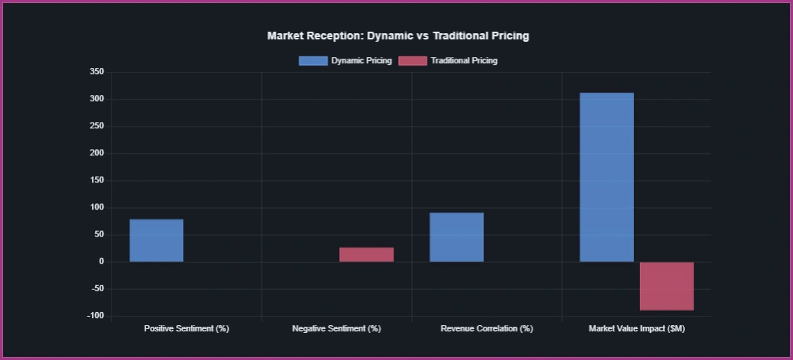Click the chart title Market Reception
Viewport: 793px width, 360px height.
pos(397,36)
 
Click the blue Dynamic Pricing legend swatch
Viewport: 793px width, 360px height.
pos(312,60)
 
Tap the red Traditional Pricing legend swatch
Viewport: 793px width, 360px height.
pos(412,60)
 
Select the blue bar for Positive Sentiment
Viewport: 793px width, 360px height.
pos(156,240)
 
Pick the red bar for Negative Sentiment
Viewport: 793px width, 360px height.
pos(366,255)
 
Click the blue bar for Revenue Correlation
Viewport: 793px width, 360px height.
pos(456,237)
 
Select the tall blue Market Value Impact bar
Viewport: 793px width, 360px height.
pos(607,177)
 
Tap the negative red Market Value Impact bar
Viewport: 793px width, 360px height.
pos(666,286)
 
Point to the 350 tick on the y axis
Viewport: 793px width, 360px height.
pos(97,72)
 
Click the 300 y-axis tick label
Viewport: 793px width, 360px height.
pos(97,99)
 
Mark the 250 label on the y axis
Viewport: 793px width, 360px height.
pos(97,126)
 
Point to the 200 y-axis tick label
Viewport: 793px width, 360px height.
pos(97,153)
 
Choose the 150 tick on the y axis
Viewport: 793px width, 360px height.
pos(97,180)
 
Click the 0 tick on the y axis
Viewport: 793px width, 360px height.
pos(100,262)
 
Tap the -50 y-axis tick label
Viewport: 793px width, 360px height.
pos(97,289)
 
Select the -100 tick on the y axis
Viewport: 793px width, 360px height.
pos(95,316)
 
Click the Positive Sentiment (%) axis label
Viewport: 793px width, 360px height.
pos(186,328)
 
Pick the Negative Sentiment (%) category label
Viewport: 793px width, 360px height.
pos(336,328)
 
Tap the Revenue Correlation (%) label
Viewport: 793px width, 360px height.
pos(487,328)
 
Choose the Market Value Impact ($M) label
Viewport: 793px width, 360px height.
pos(636,328)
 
